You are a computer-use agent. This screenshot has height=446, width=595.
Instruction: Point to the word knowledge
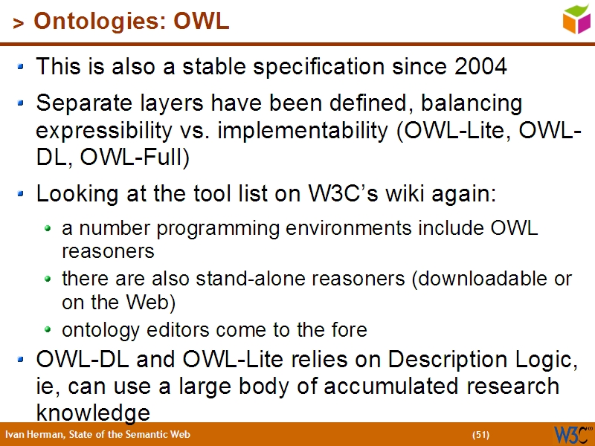click(93, 413)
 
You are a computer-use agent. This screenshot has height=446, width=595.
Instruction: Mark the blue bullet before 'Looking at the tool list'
click(22, 194)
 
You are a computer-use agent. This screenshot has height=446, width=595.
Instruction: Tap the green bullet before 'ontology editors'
click(48, 329)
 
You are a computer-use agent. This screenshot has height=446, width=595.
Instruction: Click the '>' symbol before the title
click(19, 24)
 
